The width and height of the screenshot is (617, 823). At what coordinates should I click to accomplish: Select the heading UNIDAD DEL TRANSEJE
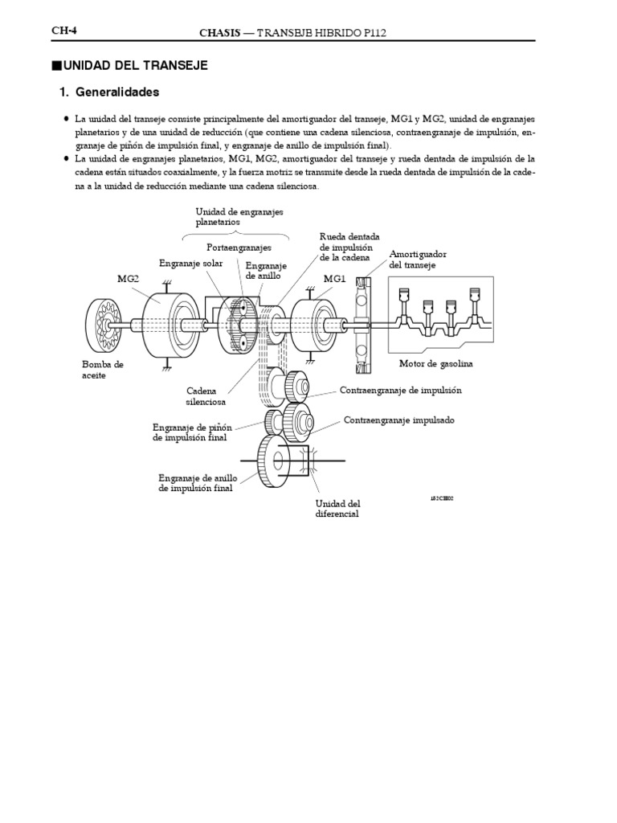(133, 65)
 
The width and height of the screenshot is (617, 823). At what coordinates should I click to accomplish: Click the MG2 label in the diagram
(129, 278)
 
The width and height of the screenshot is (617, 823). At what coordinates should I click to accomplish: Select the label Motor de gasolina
(436, 363)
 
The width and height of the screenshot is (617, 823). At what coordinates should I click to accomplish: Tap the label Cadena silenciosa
(206, 395)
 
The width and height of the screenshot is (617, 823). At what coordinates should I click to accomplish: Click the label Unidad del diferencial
(337, 508)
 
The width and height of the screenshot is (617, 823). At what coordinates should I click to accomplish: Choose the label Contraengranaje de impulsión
(401, 391)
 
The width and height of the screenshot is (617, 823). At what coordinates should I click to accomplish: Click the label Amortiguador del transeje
(417, 259)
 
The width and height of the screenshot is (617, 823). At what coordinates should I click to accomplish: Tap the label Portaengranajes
(239, 248)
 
